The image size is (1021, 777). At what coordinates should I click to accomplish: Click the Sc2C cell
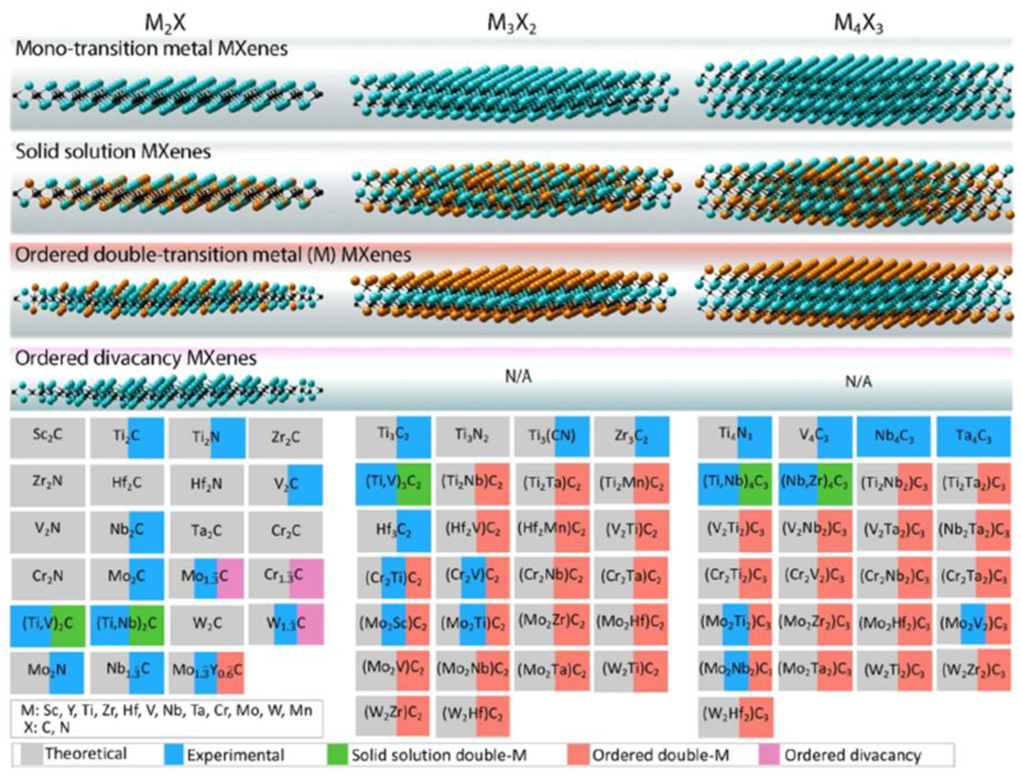[48, 436]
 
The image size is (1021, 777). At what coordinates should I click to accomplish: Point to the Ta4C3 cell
[973, 436]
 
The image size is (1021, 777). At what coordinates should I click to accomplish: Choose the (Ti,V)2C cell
[48, 624]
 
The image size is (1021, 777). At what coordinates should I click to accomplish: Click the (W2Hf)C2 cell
[472, 715]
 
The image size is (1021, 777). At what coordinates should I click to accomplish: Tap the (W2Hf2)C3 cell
[735, 715]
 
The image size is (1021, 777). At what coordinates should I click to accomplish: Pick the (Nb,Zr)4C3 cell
[815, 483]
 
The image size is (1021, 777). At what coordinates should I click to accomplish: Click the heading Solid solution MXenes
[113, 152]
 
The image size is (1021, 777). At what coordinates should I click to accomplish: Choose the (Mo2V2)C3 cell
[973, 624]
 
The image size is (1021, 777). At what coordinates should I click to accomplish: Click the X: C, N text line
[46, 728]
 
